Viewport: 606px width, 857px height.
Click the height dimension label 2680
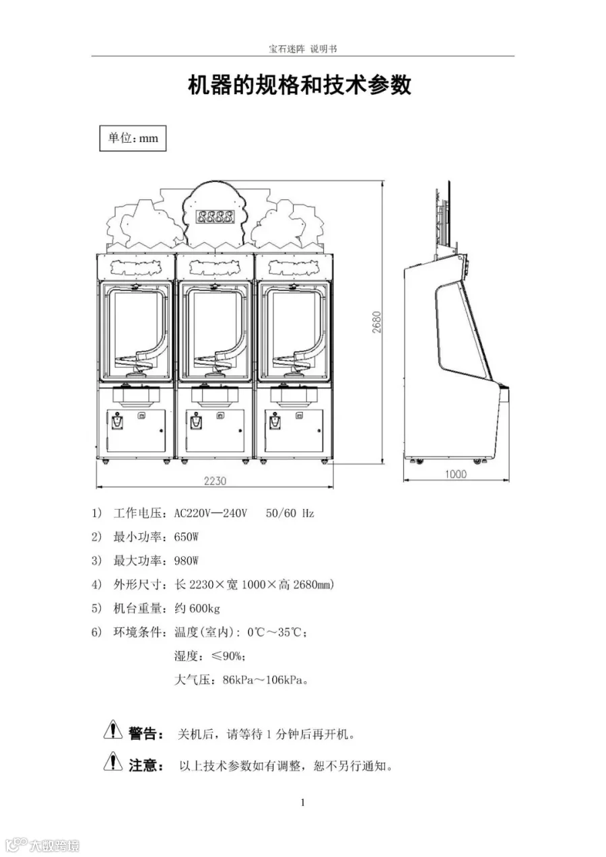tap(377, 322)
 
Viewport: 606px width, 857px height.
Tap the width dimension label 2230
tap(215, 481)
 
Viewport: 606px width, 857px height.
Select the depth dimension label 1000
tap(456, 474)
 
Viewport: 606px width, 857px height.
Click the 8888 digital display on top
tap(215, 217)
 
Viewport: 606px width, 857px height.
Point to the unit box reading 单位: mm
tap(133, 138)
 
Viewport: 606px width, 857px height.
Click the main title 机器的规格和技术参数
tap(300, 85)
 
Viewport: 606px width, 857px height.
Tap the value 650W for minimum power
tap(187, 537)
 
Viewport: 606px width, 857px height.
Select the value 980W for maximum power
tap(187, 561)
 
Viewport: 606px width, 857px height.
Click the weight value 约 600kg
tap(197, 609)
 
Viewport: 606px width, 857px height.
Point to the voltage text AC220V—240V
tap(210, 513)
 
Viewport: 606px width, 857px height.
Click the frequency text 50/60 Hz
tap(290, 513)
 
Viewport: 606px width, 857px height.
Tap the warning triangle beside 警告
tap(113, 729)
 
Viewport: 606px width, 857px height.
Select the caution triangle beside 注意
tap(113, 761)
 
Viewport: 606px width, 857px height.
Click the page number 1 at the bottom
tap(303, 802)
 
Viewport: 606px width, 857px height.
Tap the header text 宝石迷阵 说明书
tap(302, 49)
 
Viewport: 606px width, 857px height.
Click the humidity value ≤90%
tap(228, 656)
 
